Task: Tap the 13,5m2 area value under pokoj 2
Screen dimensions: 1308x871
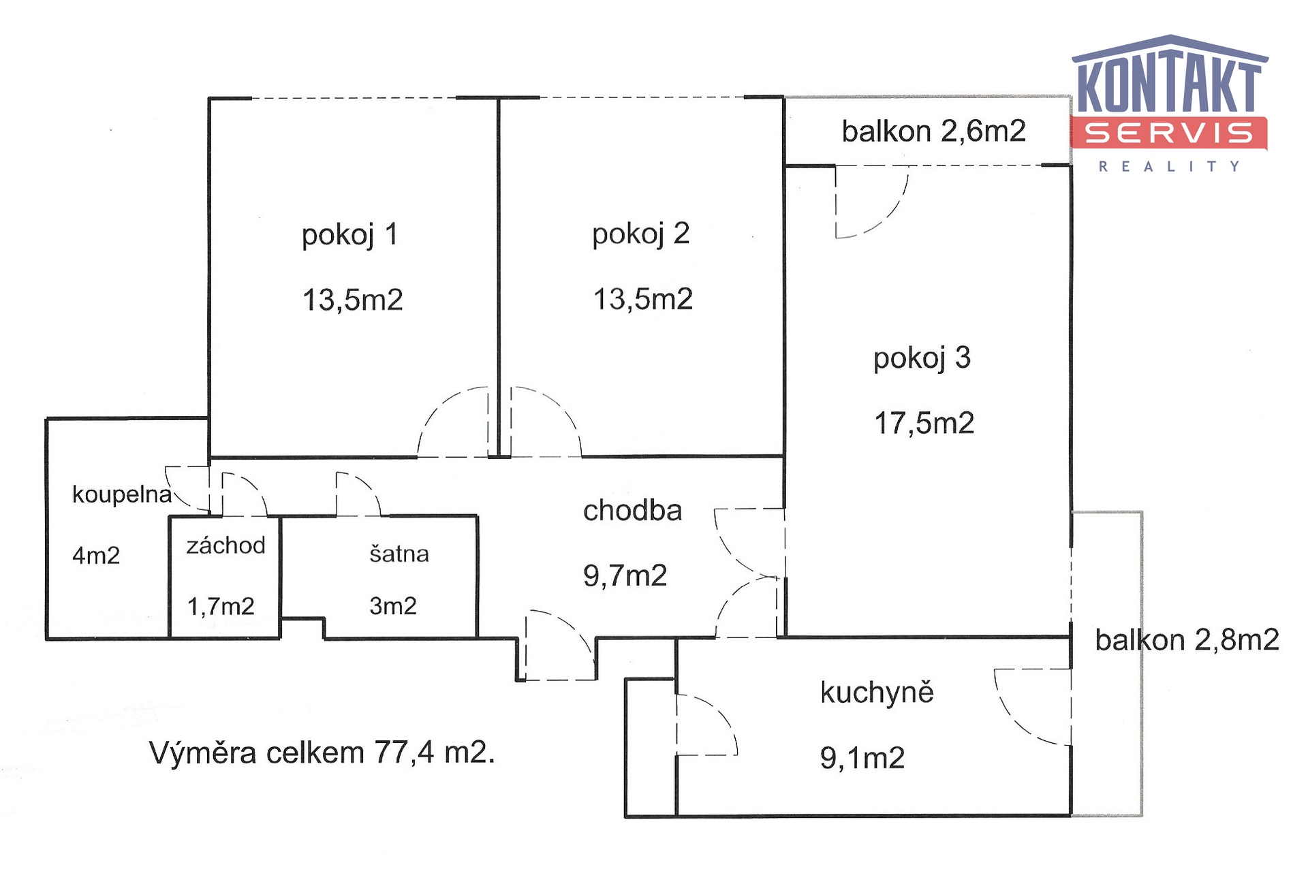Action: point(643,299)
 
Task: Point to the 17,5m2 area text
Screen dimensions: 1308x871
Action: point(924,423)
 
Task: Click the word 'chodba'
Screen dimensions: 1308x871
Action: point(632,510)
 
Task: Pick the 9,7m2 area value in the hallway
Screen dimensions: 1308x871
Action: point(625,575)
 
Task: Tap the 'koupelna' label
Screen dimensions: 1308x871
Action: point(122,495)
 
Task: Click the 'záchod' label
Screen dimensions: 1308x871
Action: point(225,545)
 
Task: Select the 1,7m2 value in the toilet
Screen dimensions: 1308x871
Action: point(221,605)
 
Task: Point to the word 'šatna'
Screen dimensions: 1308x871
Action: point(399,554)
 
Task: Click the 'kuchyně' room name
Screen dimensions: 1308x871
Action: point(877,693)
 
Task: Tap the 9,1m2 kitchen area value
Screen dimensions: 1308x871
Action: point(862,758)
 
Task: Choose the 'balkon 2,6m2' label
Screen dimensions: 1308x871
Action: point(933,131)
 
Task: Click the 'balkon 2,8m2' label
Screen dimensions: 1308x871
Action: point(1187,639)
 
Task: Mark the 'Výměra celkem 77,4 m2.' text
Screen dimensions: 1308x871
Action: point(322,753)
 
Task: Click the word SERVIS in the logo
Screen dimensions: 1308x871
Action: point(1168,133)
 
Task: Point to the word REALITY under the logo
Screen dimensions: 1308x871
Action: point(1169,166)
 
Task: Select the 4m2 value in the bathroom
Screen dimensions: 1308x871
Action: point(96,556)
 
